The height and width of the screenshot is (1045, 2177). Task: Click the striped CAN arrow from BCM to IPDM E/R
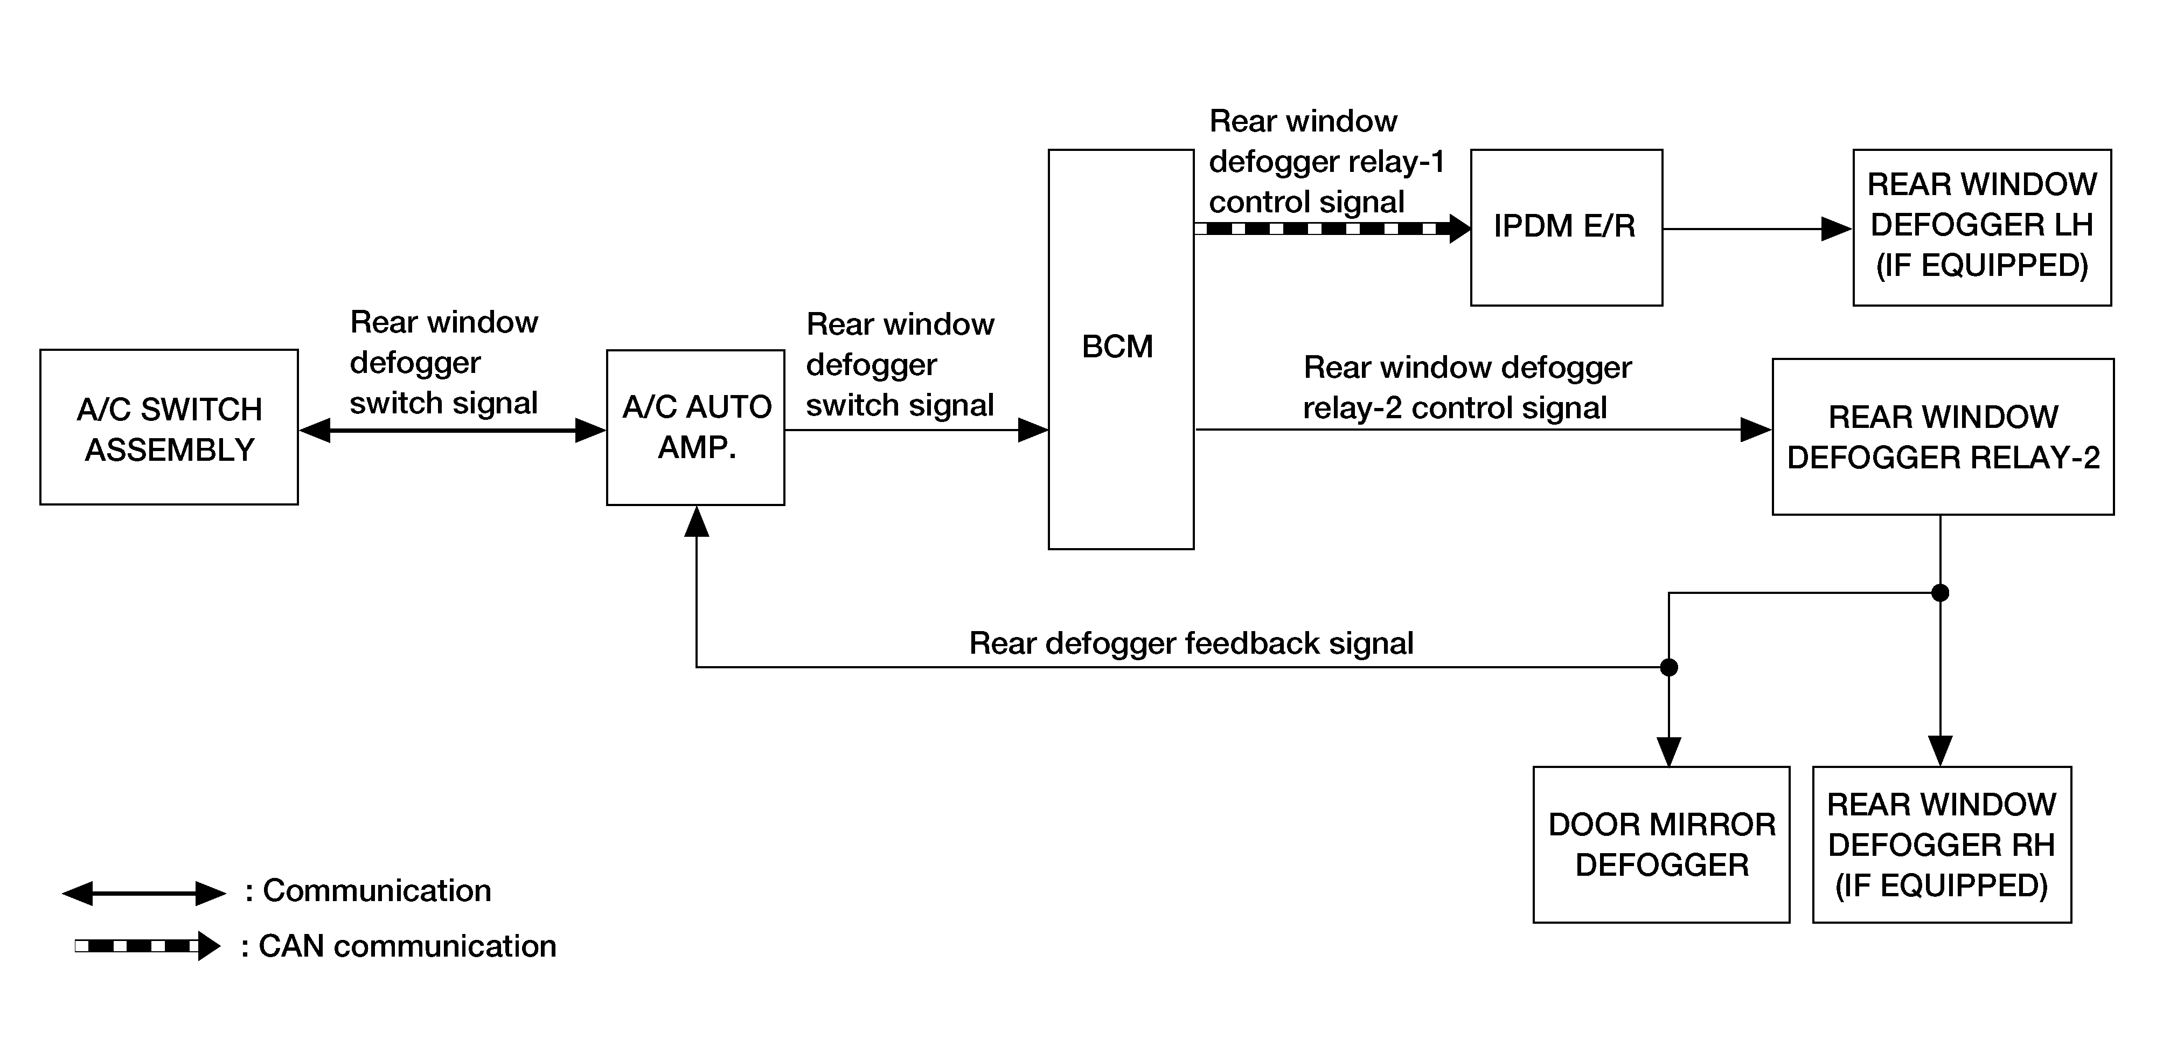[1333, 229]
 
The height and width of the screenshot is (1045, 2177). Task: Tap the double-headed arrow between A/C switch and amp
[452, 431]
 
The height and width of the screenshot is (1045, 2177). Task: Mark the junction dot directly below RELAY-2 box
[1940, 593]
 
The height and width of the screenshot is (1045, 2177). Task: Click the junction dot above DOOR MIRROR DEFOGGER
[1669, 667]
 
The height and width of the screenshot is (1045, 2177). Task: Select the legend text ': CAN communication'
[398, 946]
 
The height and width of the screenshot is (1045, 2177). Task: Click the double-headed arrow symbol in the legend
[144, 893]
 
